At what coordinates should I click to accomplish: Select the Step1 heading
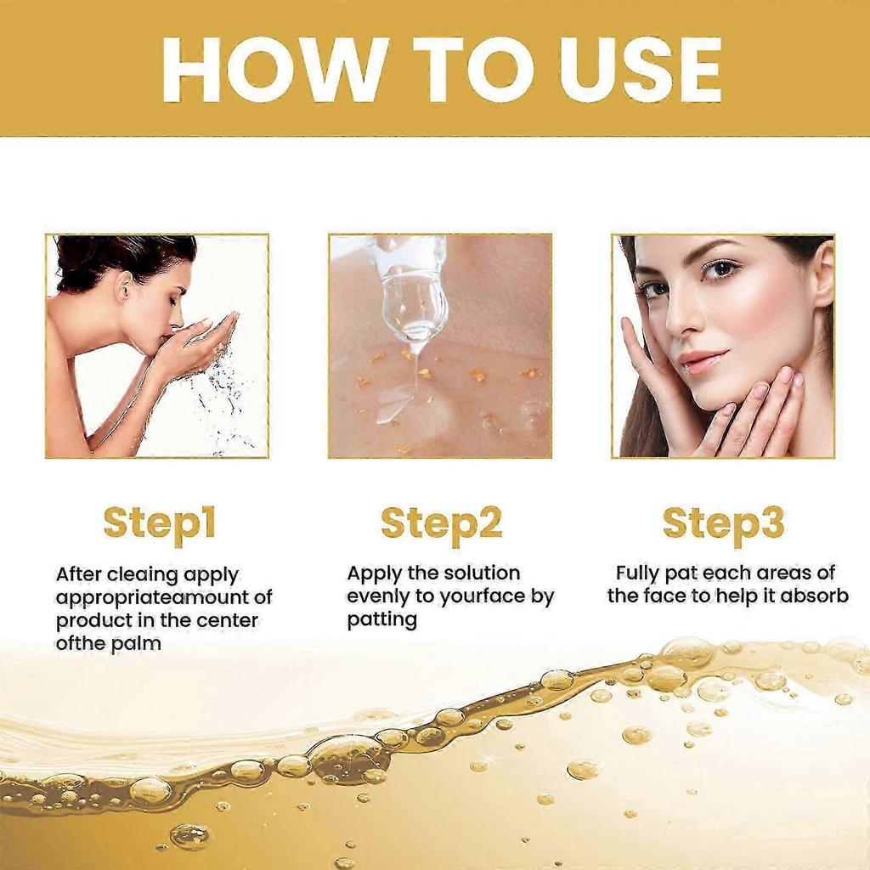point(160,523)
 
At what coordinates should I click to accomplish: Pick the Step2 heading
point(441,523)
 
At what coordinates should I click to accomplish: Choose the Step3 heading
point(723,523)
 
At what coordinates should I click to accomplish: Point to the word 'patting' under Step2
point(381,620)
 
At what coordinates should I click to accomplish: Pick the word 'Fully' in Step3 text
point(638,573)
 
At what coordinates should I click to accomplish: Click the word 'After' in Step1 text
point(78,575)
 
